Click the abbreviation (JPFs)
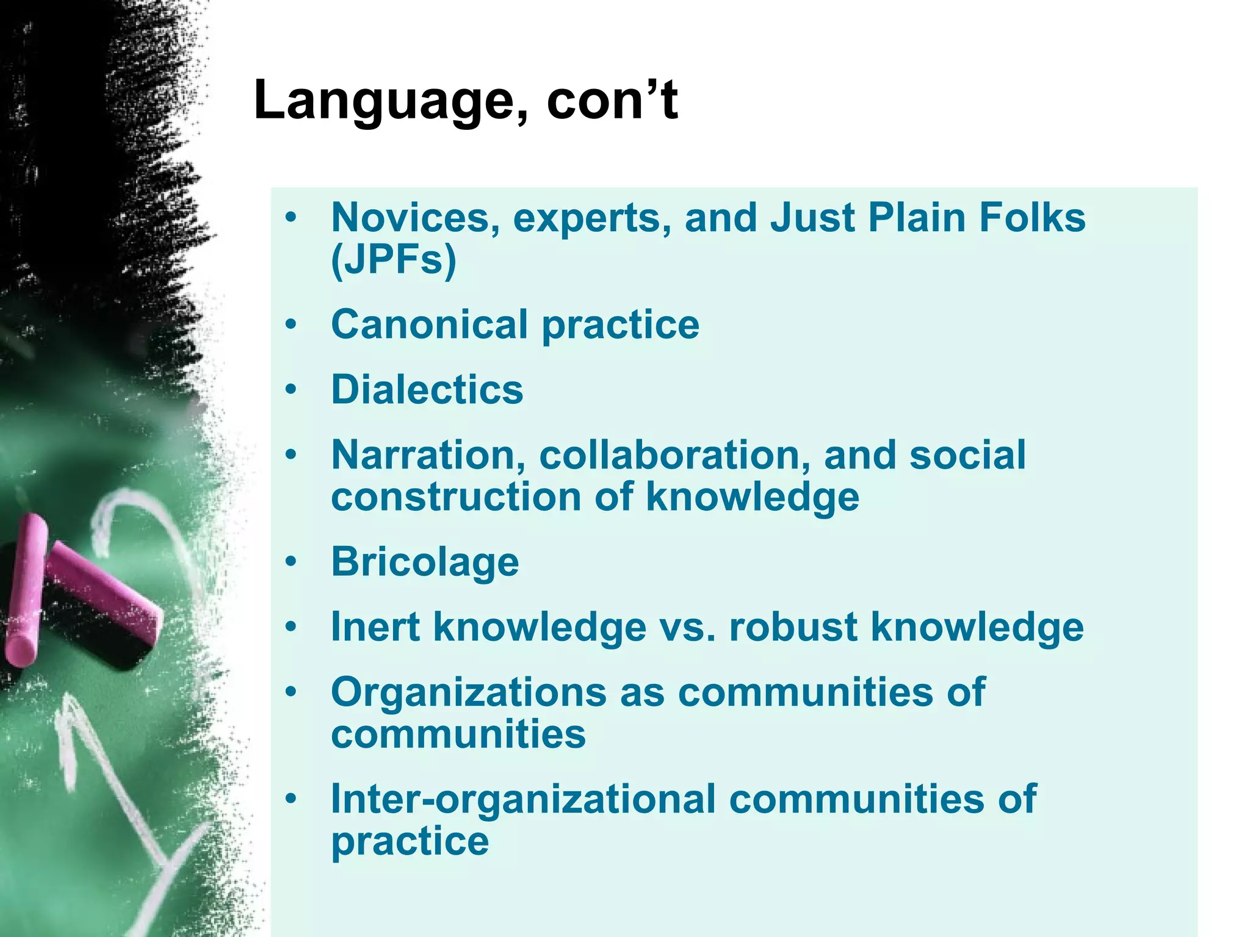[394, 260]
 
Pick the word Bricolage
[425, 562]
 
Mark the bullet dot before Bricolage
[291, 561]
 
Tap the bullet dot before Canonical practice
[291, 324]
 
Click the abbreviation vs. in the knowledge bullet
[687, 628]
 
